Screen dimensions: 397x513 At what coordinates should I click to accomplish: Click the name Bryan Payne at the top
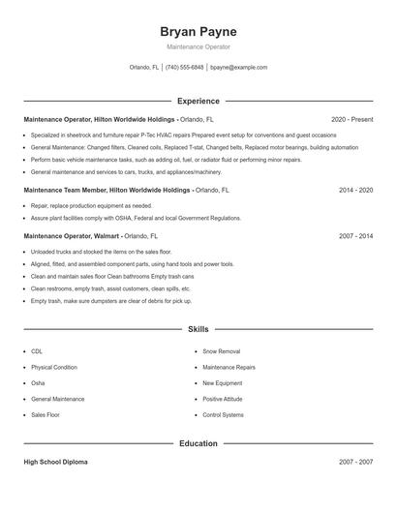[198, 32]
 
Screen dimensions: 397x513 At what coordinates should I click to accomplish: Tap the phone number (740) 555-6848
[184, 68]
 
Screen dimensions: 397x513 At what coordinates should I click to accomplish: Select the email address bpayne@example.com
[238, 68]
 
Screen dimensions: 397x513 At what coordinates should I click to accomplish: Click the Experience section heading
[198, 101]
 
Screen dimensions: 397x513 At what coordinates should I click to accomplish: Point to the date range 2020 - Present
[351, 119]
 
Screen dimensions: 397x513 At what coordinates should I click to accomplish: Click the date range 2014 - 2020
[355, 191]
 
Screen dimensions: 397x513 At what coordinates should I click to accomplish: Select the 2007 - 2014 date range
[355, 235]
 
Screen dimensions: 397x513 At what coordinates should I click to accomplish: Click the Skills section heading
[198, 330]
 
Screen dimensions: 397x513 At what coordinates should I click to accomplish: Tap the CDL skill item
[37, 351]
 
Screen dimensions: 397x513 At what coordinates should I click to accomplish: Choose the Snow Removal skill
[221, 351]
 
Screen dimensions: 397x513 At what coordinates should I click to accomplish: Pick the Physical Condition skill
[53, 368]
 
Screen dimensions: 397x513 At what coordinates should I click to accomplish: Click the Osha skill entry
[39, 383]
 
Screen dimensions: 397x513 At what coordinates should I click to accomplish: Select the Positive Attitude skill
[224, 399]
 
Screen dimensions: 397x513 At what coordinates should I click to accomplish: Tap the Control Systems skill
[223, 414]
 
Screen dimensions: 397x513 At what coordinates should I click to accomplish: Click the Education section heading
[198, 443]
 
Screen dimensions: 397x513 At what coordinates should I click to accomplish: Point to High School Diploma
[55, 463]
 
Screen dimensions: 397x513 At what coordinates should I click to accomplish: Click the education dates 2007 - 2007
[355, 463]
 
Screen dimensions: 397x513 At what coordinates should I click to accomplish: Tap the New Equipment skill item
[222, 383]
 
